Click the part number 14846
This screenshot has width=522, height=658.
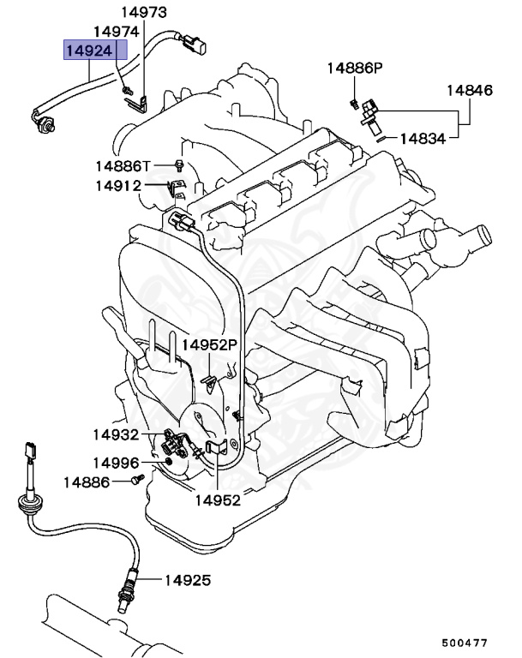(x=468, y=89)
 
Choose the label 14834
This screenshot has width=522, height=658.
(x=423, y=137)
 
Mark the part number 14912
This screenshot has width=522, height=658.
(x=117, y=184)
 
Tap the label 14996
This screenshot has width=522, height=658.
(x=116, y=463)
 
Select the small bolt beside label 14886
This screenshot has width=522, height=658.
(x=135, y=483)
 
